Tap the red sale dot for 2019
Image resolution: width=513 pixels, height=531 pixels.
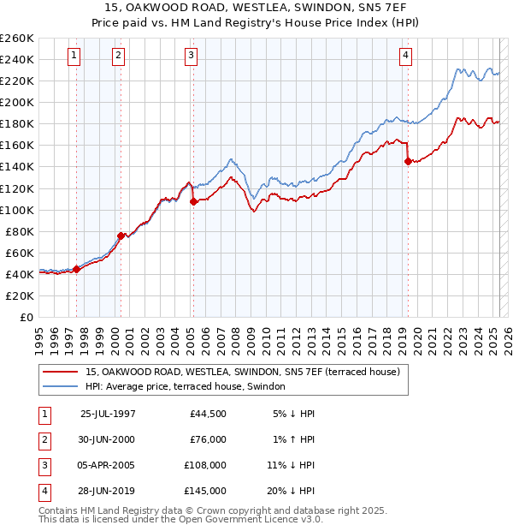408,161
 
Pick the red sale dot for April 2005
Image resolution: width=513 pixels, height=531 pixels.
193,201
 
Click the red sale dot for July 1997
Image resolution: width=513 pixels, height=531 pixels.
77,269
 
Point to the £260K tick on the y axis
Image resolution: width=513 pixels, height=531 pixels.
16,39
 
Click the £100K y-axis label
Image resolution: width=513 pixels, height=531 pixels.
16,210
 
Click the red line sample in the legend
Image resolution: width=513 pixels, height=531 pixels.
59,373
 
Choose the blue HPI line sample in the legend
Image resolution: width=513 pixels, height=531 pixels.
59,387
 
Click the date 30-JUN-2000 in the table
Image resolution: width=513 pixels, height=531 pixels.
108,439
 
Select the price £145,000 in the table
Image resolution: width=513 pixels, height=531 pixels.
207,491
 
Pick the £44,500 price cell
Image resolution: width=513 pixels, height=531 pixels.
209,414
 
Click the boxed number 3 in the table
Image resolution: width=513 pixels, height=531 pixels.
43,465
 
